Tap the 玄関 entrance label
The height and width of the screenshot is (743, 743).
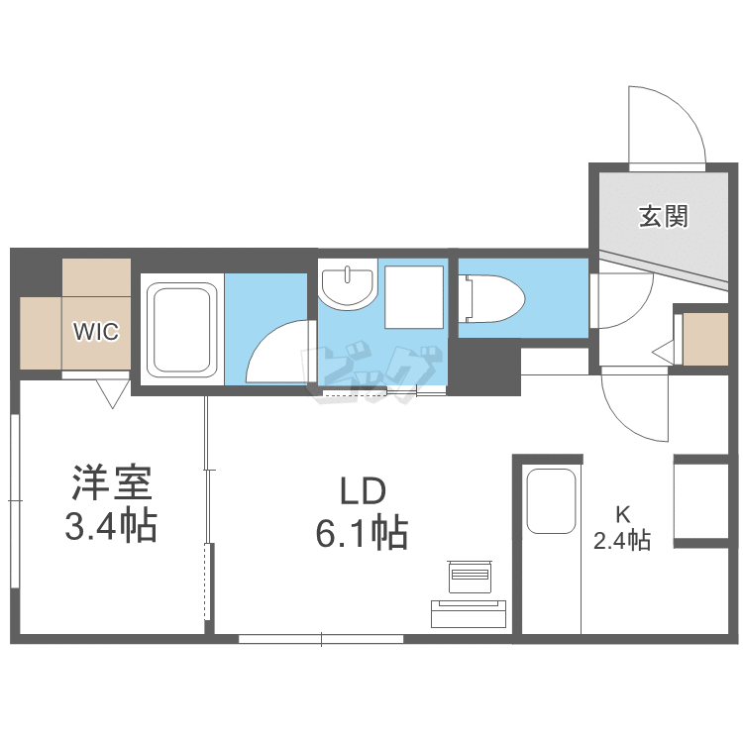[x=663, y=215]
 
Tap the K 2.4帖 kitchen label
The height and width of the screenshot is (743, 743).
[x=622, y=528]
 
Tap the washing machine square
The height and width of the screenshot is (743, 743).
[x=415, y=297]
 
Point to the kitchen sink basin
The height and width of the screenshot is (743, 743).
[x=551, y=500]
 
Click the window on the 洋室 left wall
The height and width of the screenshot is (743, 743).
[x=15, y=500]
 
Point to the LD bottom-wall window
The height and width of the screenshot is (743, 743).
[x=321, y=639]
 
